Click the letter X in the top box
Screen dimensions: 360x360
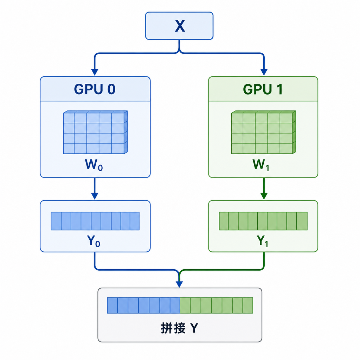[180, 26]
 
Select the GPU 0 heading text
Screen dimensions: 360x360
[95, 89]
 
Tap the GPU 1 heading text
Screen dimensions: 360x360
[263, 89]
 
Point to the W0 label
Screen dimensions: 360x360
[94, 165]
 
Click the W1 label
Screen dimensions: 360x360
[261, 165]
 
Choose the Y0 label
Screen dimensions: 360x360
[94, 241]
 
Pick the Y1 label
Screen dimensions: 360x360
[262, 241]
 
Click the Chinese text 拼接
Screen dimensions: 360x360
[173, 328]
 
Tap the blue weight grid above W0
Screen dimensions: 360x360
[95, 132]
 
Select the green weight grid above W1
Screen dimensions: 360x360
[264, 132]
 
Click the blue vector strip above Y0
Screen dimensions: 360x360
[95, 221]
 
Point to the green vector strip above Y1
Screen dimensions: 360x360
[263, 221]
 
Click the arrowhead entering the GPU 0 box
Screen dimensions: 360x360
[95, 72]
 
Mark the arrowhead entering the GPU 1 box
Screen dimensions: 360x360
[264, 72]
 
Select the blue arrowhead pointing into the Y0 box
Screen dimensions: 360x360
[95, 196]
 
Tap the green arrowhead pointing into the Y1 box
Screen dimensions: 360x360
[264, 196]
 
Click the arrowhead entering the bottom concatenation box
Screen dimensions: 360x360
[179, 284]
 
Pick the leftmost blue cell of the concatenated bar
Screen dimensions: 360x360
[112, 306]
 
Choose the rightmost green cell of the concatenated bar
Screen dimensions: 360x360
[248, 306]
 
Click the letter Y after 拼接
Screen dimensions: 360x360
[194, 328]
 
